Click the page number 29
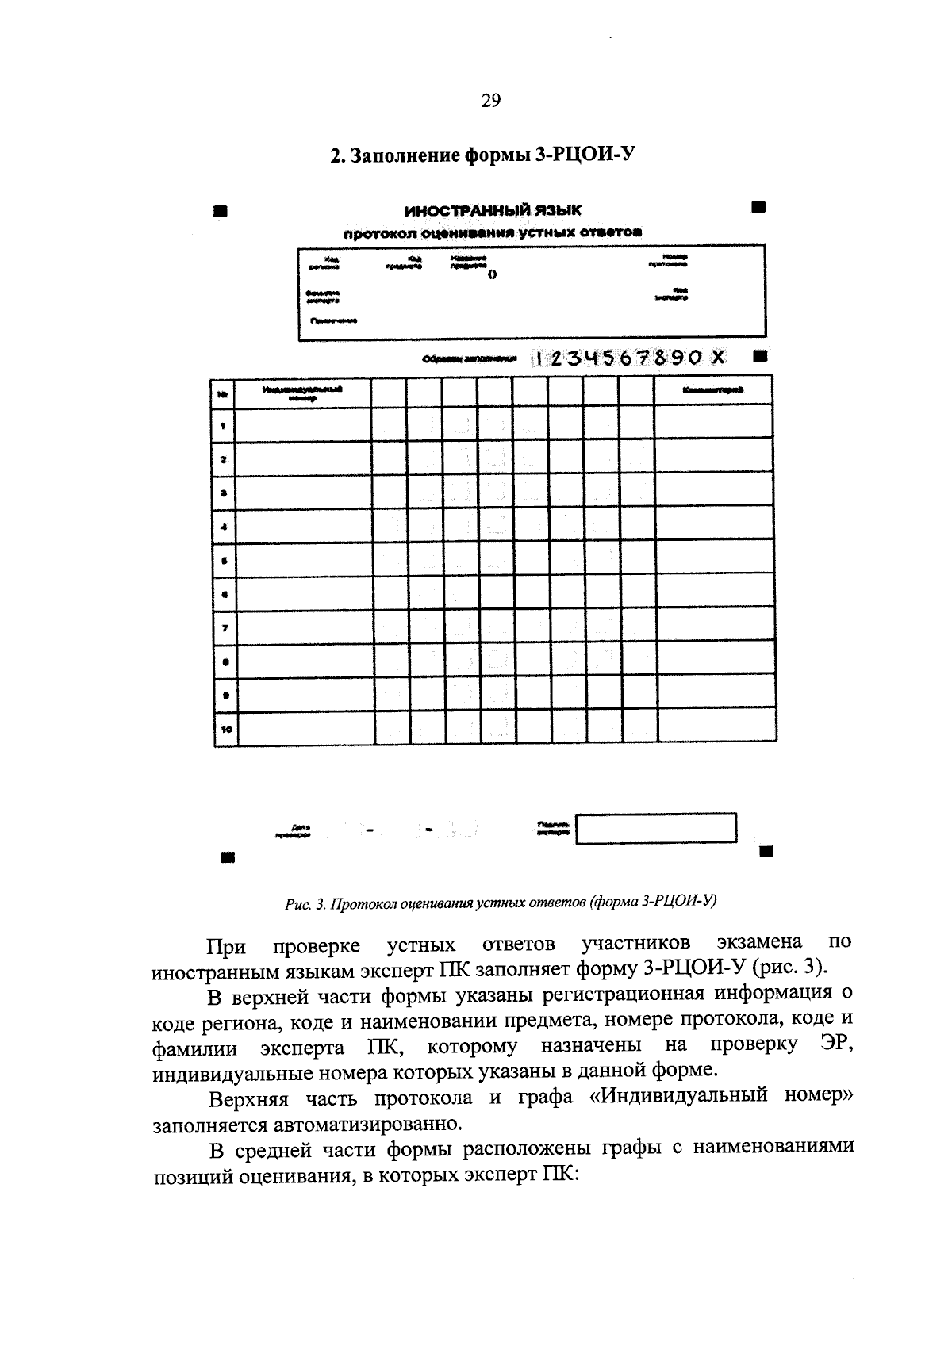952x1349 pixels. click(x=490, y=101)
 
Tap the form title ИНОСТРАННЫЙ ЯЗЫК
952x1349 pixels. click(x=492, y=210)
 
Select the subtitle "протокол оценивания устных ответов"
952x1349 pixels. click(x=492, y=232)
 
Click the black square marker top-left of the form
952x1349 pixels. click(x=221, y=212)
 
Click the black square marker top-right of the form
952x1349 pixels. click(x=758, y=208)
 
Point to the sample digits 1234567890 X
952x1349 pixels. click(x=628, y=358)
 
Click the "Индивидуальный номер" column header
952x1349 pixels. click(x=303, y=393)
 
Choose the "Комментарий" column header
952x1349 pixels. click(x=713, y=390)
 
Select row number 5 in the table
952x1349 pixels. click(x=225, y=561)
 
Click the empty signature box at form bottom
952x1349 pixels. click(x=656, y=829)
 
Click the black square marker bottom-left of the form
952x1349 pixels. click(x=228, y=857)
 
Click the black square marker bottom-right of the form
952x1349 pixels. click(x=766, y=852)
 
